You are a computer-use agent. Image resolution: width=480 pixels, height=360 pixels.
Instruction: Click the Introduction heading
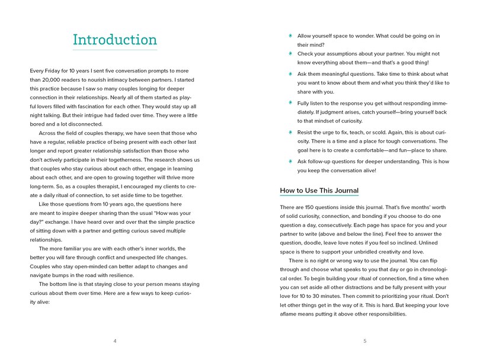tap(114, 40)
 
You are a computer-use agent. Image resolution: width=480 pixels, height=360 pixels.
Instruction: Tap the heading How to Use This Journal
tap(319, 191)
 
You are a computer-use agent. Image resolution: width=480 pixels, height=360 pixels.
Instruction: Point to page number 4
tap(115, 341)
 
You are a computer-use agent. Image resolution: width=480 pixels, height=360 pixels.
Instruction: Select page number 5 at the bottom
tap(365, 341)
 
